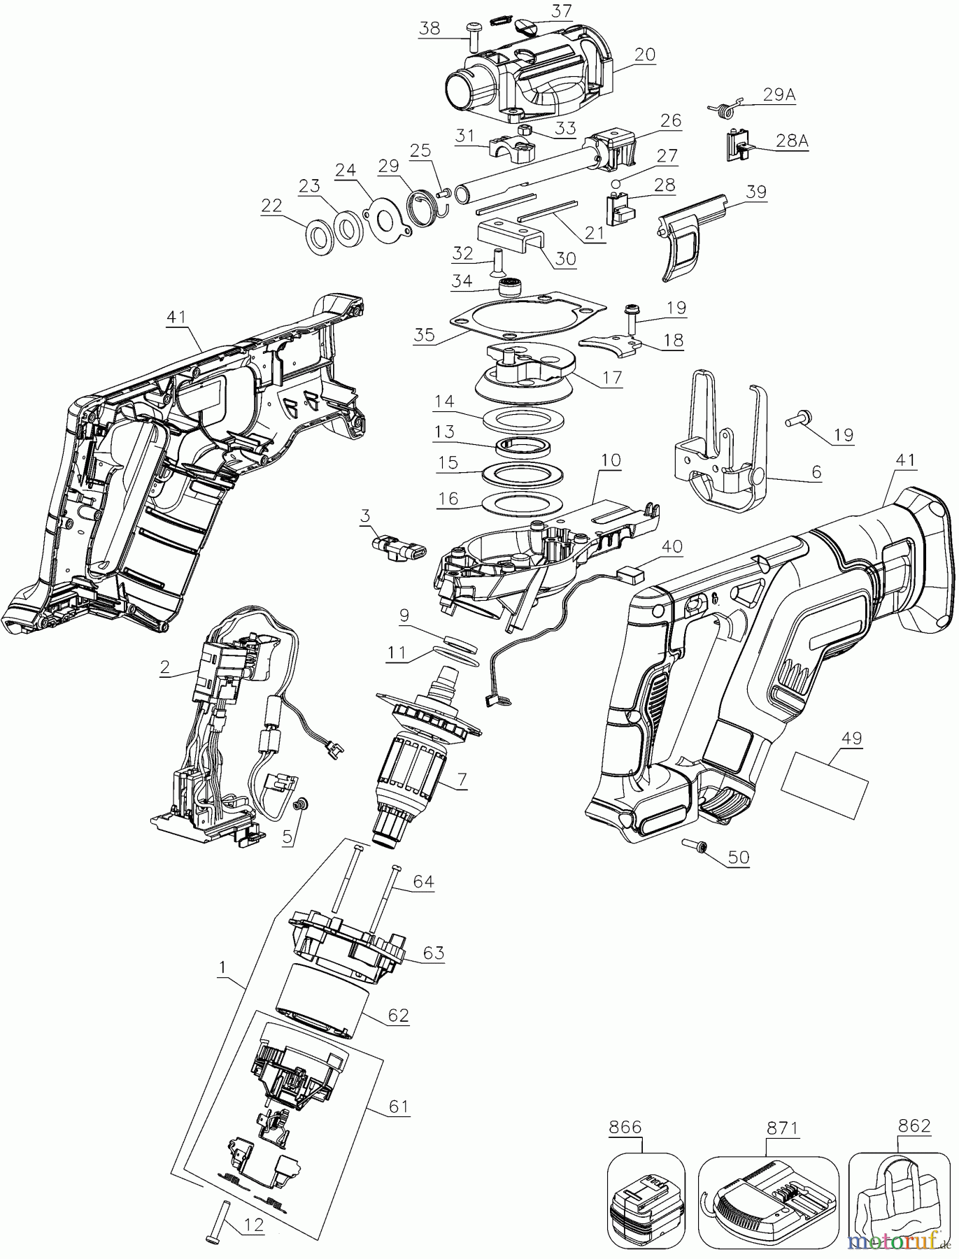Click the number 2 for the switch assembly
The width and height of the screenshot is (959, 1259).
tap(164, 667)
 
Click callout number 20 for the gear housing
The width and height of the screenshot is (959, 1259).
tap(644, 55)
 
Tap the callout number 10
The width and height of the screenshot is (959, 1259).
tap(611, 461)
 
